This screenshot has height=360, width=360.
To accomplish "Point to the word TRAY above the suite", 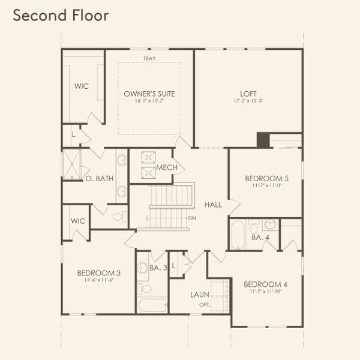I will pyautogui.click(x=149, y=58).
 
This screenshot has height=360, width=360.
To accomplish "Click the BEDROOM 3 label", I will pyautogui.click(x=97, y=274).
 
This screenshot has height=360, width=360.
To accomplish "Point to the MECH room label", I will pyautogui.click(x=166, y=167).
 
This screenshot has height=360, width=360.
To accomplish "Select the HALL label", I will pyautogui.click(x=213, y=205).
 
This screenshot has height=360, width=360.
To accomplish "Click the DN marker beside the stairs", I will pyautogui.click(x=192, y=218).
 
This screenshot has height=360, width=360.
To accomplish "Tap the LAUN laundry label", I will pyautogui.click(x=199, y=295).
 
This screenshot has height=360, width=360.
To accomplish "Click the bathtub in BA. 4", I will pyautogui.click(x=238, y=235).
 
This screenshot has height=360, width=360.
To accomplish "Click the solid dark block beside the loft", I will pyautogui.click(x=263, y=140).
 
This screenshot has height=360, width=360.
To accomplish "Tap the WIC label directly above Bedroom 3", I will pyautogui.click(x=79, y=221).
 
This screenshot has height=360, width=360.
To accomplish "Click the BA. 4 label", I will pyautogui.click(x=260, y=238).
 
